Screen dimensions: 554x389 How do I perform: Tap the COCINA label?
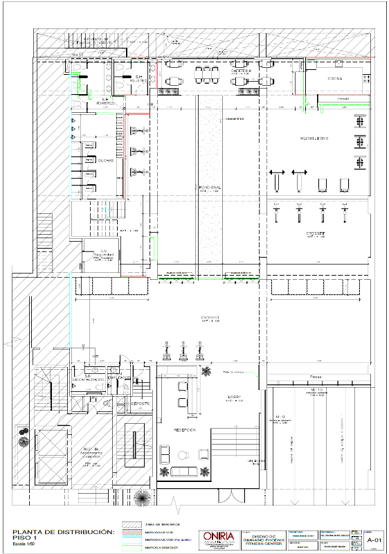[335, 79]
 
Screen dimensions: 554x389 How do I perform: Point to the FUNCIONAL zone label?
[210, 187]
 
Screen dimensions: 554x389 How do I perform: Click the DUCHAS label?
[106, 160]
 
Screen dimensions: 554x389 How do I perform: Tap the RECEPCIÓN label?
[184, 430]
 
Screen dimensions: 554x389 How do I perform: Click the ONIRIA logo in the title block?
[217, 537]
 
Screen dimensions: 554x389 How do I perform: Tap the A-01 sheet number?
[374, 539]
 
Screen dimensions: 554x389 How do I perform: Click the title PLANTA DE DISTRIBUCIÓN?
[62, 532]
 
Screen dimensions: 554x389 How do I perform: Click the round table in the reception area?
[184, 454]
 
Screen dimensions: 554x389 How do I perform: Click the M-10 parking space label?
[318, 392]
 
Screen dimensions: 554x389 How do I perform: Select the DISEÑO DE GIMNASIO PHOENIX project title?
[259, 538]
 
